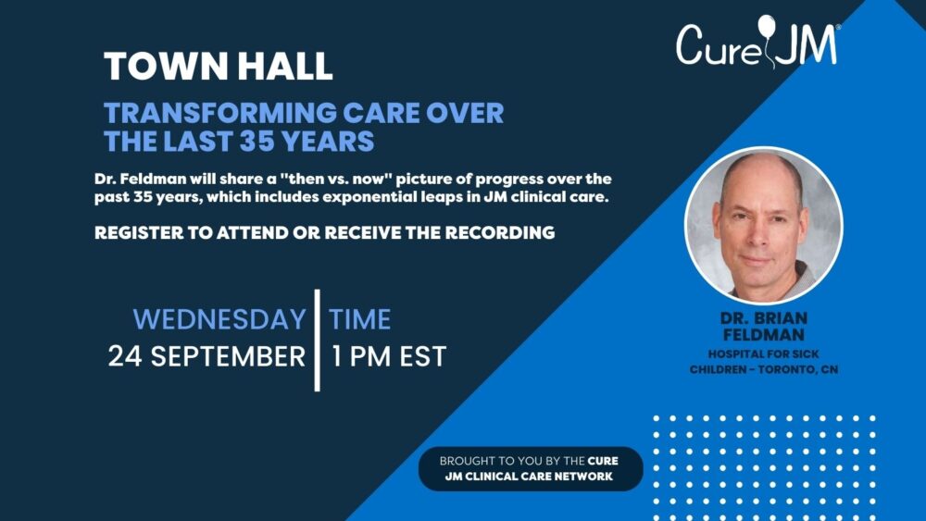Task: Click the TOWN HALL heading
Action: click(x=219, y=66)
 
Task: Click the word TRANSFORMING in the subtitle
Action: click(x=219, y=113)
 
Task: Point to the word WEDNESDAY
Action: click(x=219, y=319)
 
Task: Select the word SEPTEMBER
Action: click(x=228, y=356)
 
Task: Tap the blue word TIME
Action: click(x=359, y=319)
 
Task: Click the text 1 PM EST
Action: click(x=389, y=356)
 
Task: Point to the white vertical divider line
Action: click(x=317, y=341)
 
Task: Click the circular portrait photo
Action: click(x=764, y=226)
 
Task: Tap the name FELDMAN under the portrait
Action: click(x=764, y=335)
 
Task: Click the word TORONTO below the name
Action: click(x=786, y=370)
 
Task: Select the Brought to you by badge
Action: click(x=530, y=468)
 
